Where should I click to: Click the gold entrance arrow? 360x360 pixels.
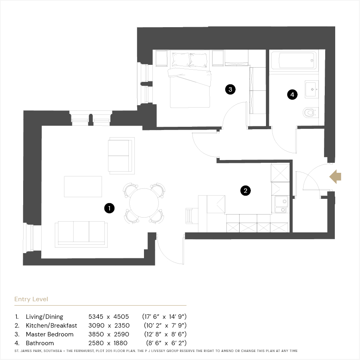(x=335, y=177)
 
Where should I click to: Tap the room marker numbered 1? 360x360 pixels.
(x=109, y=208)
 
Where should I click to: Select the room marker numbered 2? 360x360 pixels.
(x=246, y=190)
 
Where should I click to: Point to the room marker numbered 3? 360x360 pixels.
(x=230, y=89)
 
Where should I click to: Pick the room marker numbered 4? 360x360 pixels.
(x=292, y=94)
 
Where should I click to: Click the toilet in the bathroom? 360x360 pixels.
(x=310, y=113)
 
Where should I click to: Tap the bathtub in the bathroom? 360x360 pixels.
(x=294, y=60)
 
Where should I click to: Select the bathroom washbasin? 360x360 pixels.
(x=312, y=89)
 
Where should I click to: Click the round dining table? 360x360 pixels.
(x=144, y=203)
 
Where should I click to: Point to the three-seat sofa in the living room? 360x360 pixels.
(x=81, y=234)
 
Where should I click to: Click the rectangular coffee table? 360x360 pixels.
(x=83, y=186)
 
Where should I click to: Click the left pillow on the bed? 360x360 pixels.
(x=181, y=60)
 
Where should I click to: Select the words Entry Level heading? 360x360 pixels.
(x=31, y=299)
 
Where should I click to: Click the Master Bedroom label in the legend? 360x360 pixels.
(x=50, y=334)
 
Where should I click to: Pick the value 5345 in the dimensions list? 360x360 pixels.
(x=96, y=317)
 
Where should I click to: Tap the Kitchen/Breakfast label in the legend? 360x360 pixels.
(x=52, y=326)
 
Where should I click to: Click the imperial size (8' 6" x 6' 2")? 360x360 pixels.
(x=166, y=343)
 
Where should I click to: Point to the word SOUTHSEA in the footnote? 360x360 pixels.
(x=53, y=351)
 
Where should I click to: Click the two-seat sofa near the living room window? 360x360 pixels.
(x=121, y=156)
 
